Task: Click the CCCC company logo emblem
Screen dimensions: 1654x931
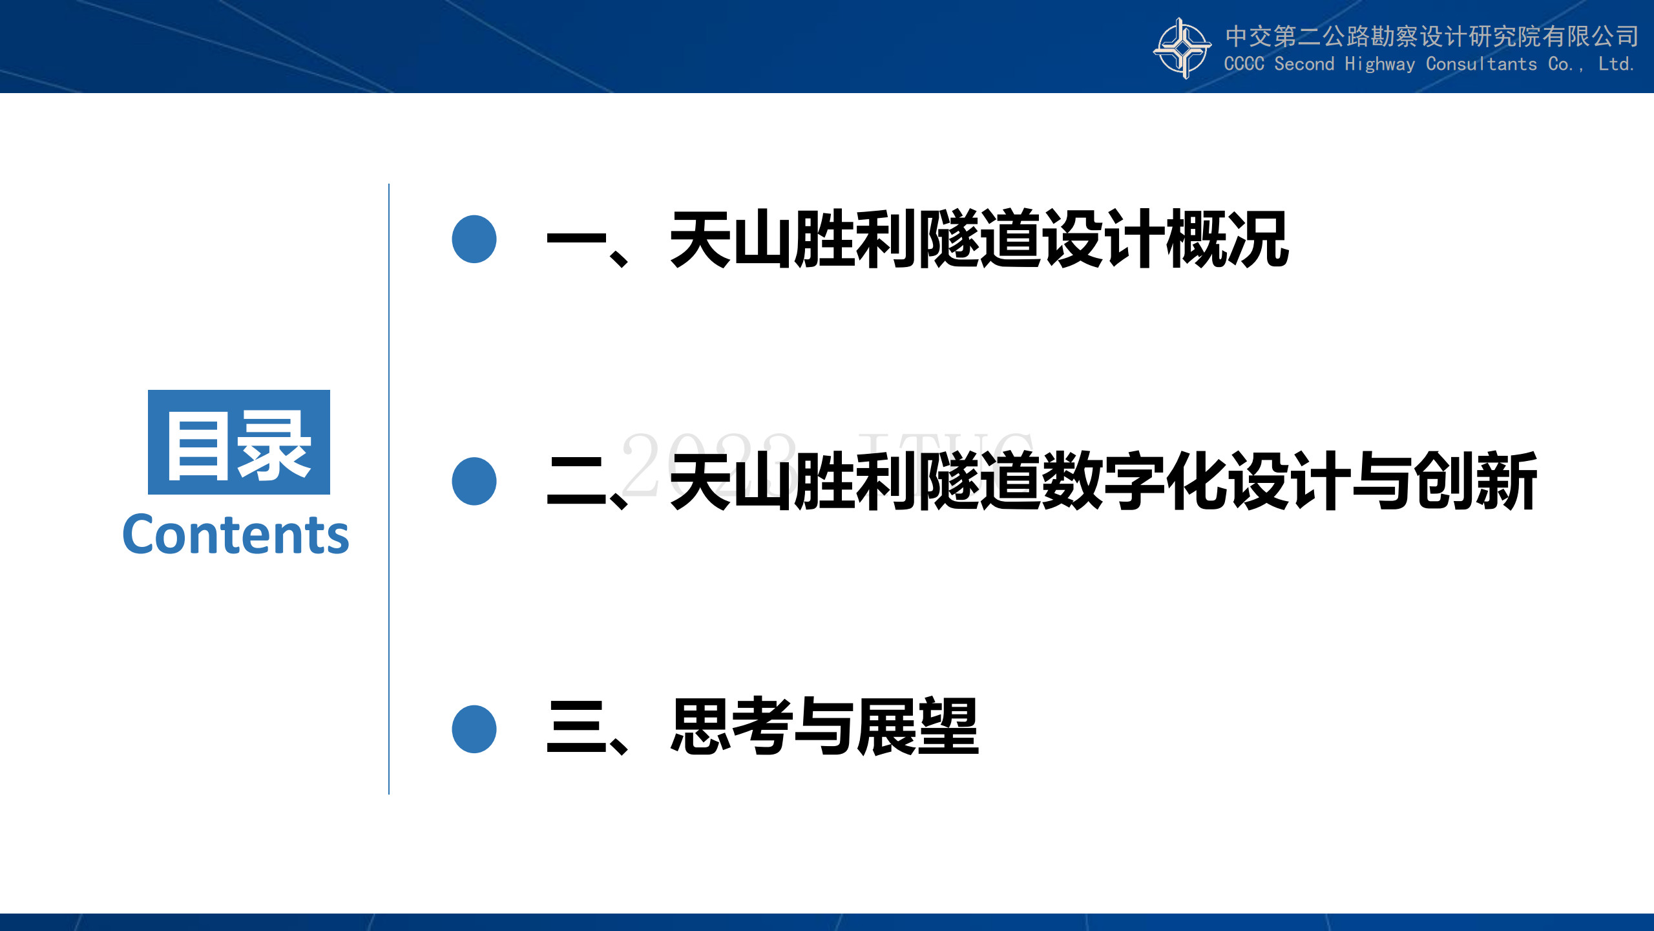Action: pos(1182,48)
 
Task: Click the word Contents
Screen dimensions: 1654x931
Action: pos(236,535)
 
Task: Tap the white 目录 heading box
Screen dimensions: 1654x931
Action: pos(239,442)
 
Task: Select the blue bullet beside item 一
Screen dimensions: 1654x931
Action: pos(474,239)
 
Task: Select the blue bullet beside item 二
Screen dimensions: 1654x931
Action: pos(474,481)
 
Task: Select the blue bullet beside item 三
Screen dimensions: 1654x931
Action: pos(474,729)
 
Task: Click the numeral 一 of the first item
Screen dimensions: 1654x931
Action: pos(577,240)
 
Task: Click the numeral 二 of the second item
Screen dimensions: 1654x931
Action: pos(577,481)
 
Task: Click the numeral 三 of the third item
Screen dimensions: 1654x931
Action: pos(577,727)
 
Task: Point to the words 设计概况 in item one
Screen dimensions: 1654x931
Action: pos(1166,239)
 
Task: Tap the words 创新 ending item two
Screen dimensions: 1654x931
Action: pos(1476,480)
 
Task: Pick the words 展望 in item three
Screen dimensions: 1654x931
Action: pos(918,727)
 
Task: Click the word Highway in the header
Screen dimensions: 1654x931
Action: pos(1380,64)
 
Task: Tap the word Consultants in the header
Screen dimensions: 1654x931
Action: pos(1481,64)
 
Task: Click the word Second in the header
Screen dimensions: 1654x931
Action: pos(1304,64)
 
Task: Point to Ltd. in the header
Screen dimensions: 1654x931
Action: pos(1616,64)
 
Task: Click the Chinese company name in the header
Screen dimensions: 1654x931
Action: pos(1432,36)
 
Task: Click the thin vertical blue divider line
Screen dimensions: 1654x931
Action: pos(389,489)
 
